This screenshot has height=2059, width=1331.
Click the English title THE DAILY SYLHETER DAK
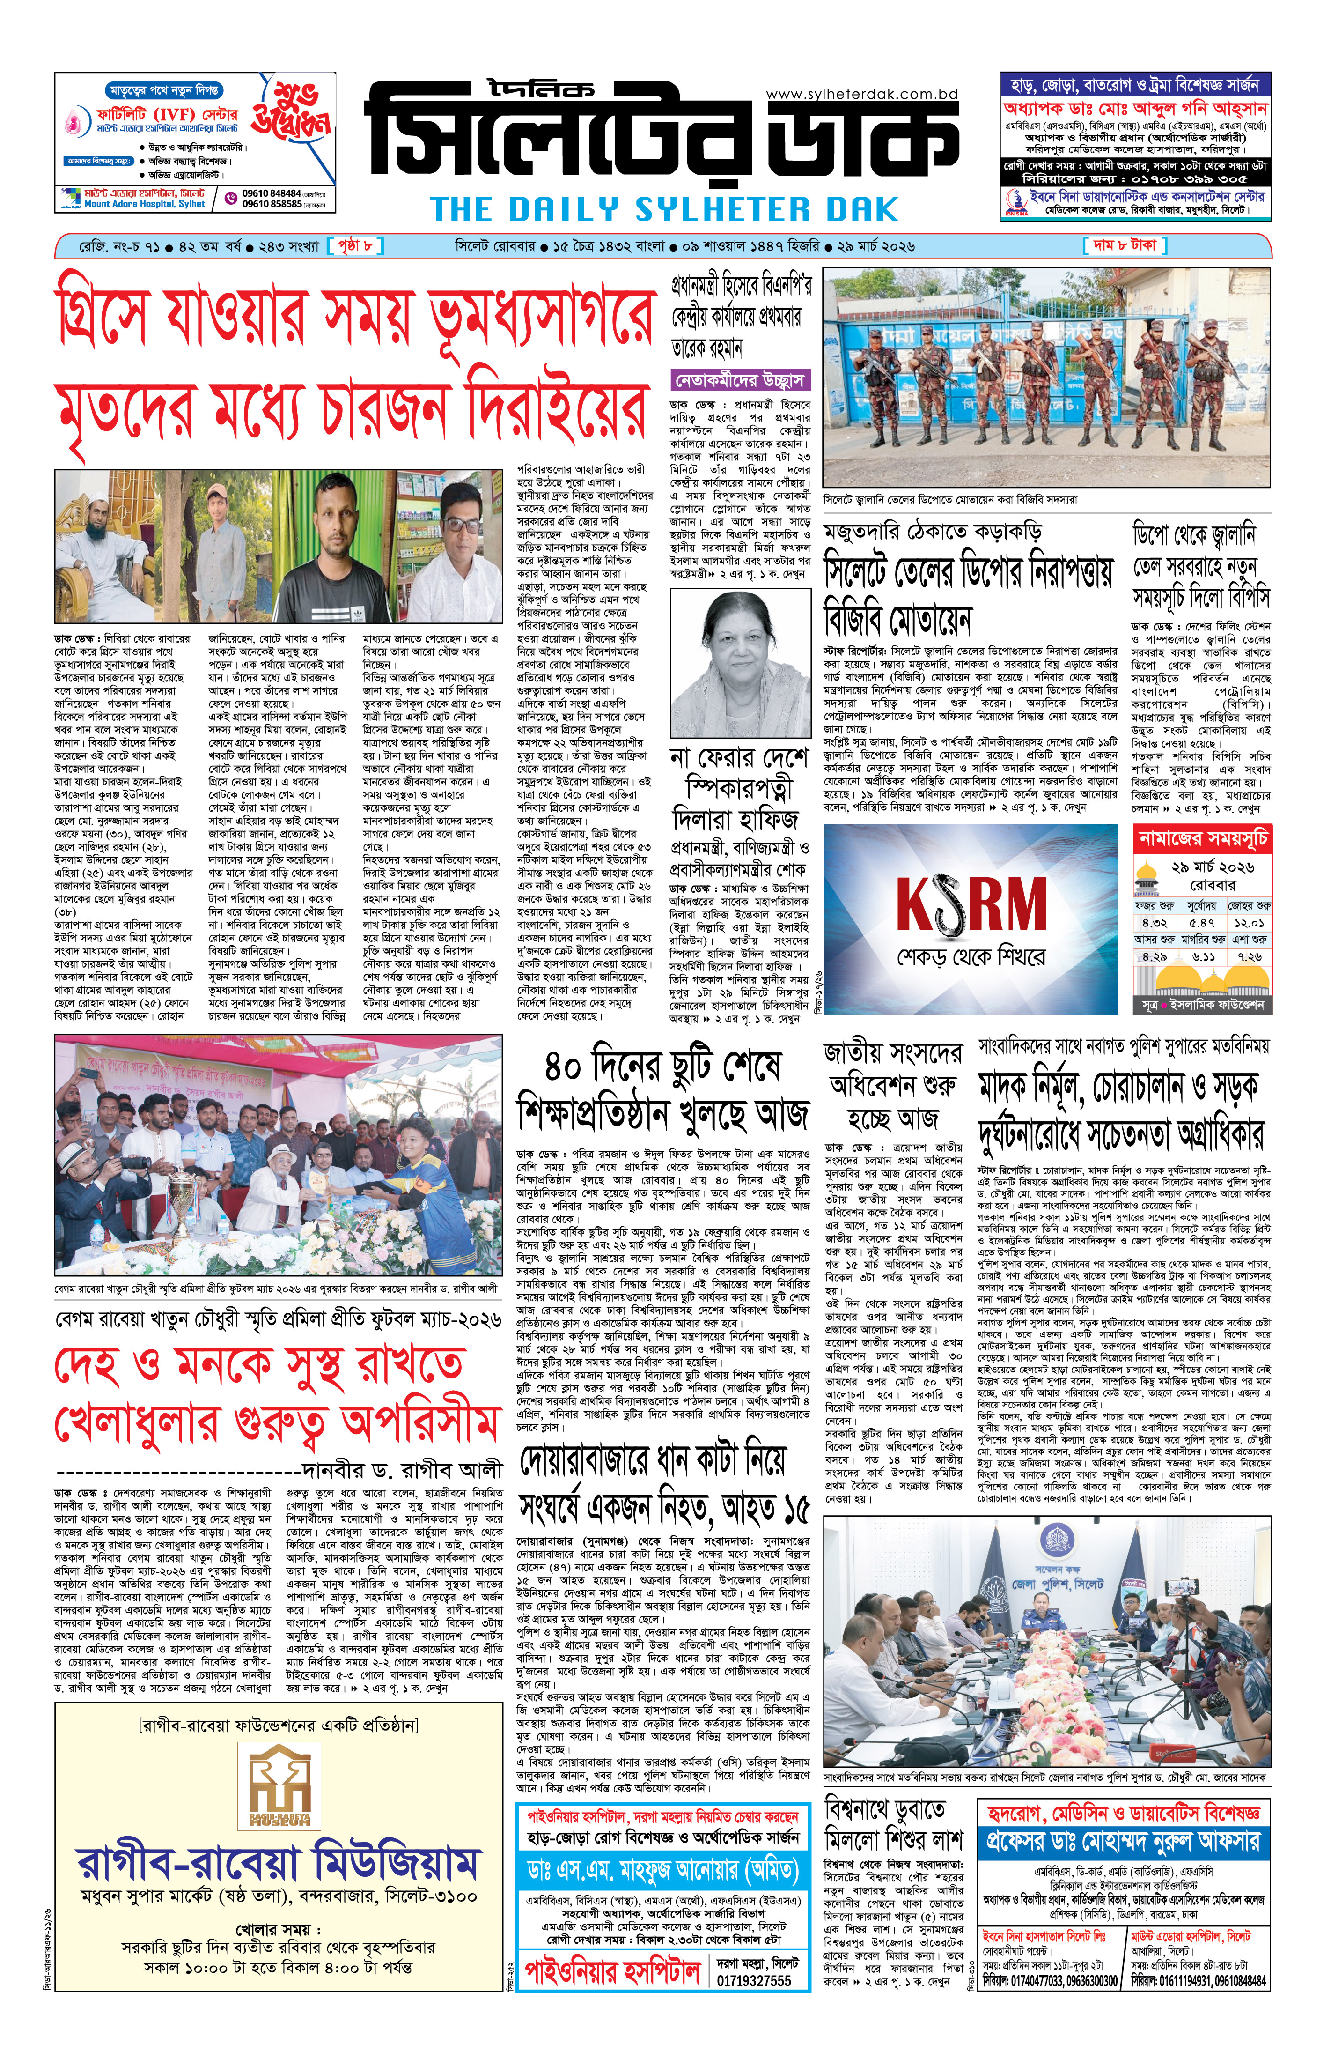coord(664,210)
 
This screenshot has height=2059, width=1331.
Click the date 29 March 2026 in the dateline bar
coord(875,246)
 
